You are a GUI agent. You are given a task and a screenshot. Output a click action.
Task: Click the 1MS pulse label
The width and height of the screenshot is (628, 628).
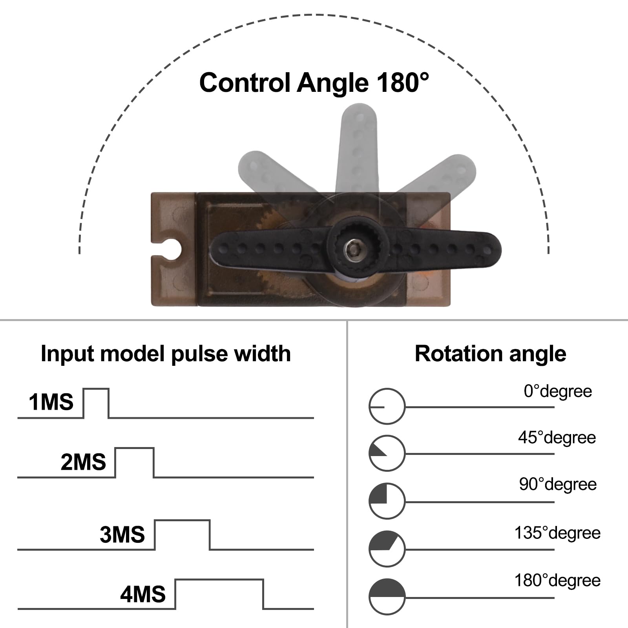51,402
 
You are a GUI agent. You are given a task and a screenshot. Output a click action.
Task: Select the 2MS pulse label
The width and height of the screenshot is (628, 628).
83,462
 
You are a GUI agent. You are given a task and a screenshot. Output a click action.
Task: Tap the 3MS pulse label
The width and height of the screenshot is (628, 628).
122,535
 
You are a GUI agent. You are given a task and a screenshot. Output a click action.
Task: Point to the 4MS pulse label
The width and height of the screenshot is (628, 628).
143,594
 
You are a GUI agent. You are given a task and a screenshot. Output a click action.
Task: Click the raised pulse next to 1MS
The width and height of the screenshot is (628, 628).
96,403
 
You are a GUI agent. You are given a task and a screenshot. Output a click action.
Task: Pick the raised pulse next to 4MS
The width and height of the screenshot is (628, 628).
219,593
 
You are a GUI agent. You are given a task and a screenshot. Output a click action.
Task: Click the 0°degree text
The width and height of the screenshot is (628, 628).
558,391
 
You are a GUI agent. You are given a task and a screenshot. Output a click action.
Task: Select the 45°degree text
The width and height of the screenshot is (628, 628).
557,437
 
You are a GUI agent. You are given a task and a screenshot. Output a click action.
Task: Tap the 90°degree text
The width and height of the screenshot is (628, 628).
558,484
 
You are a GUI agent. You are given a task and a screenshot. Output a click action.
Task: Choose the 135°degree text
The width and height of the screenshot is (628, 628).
557,533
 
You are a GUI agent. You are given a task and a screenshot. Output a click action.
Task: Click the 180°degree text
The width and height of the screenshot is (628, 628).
557,580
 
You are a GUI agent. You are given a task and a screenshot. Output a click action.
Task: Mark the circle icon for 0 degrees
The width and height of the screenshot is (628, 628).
387,406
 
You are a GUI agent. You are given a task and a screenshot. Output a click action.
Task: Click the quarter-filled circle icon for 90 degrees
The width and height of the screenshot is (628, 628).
387,501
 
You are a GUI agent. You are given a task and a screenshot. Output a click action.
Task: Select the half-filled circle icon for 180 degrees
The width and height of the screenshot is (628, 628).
387,597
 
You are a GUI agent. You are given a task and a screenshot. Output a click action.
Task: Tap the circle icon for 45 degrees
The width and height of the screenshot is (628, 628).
387,453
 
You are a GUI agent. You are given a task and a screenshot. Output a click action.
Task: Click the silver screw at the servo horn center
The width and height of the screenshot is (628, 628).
351,248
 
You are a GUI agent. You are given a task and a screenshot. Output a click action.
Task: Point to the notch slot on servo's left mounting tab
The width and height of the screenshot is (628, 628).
169,248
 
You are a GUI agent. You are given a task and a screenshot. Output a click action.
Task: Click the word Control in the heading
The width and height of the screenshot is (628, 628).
245,83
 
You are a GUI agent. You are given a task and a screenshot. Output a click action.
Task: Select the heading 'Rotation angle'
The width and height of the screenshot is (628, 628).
490,354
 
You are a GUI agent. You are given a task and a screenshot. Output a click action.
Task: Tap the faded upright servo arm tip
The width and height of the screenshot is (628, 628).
358,118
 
